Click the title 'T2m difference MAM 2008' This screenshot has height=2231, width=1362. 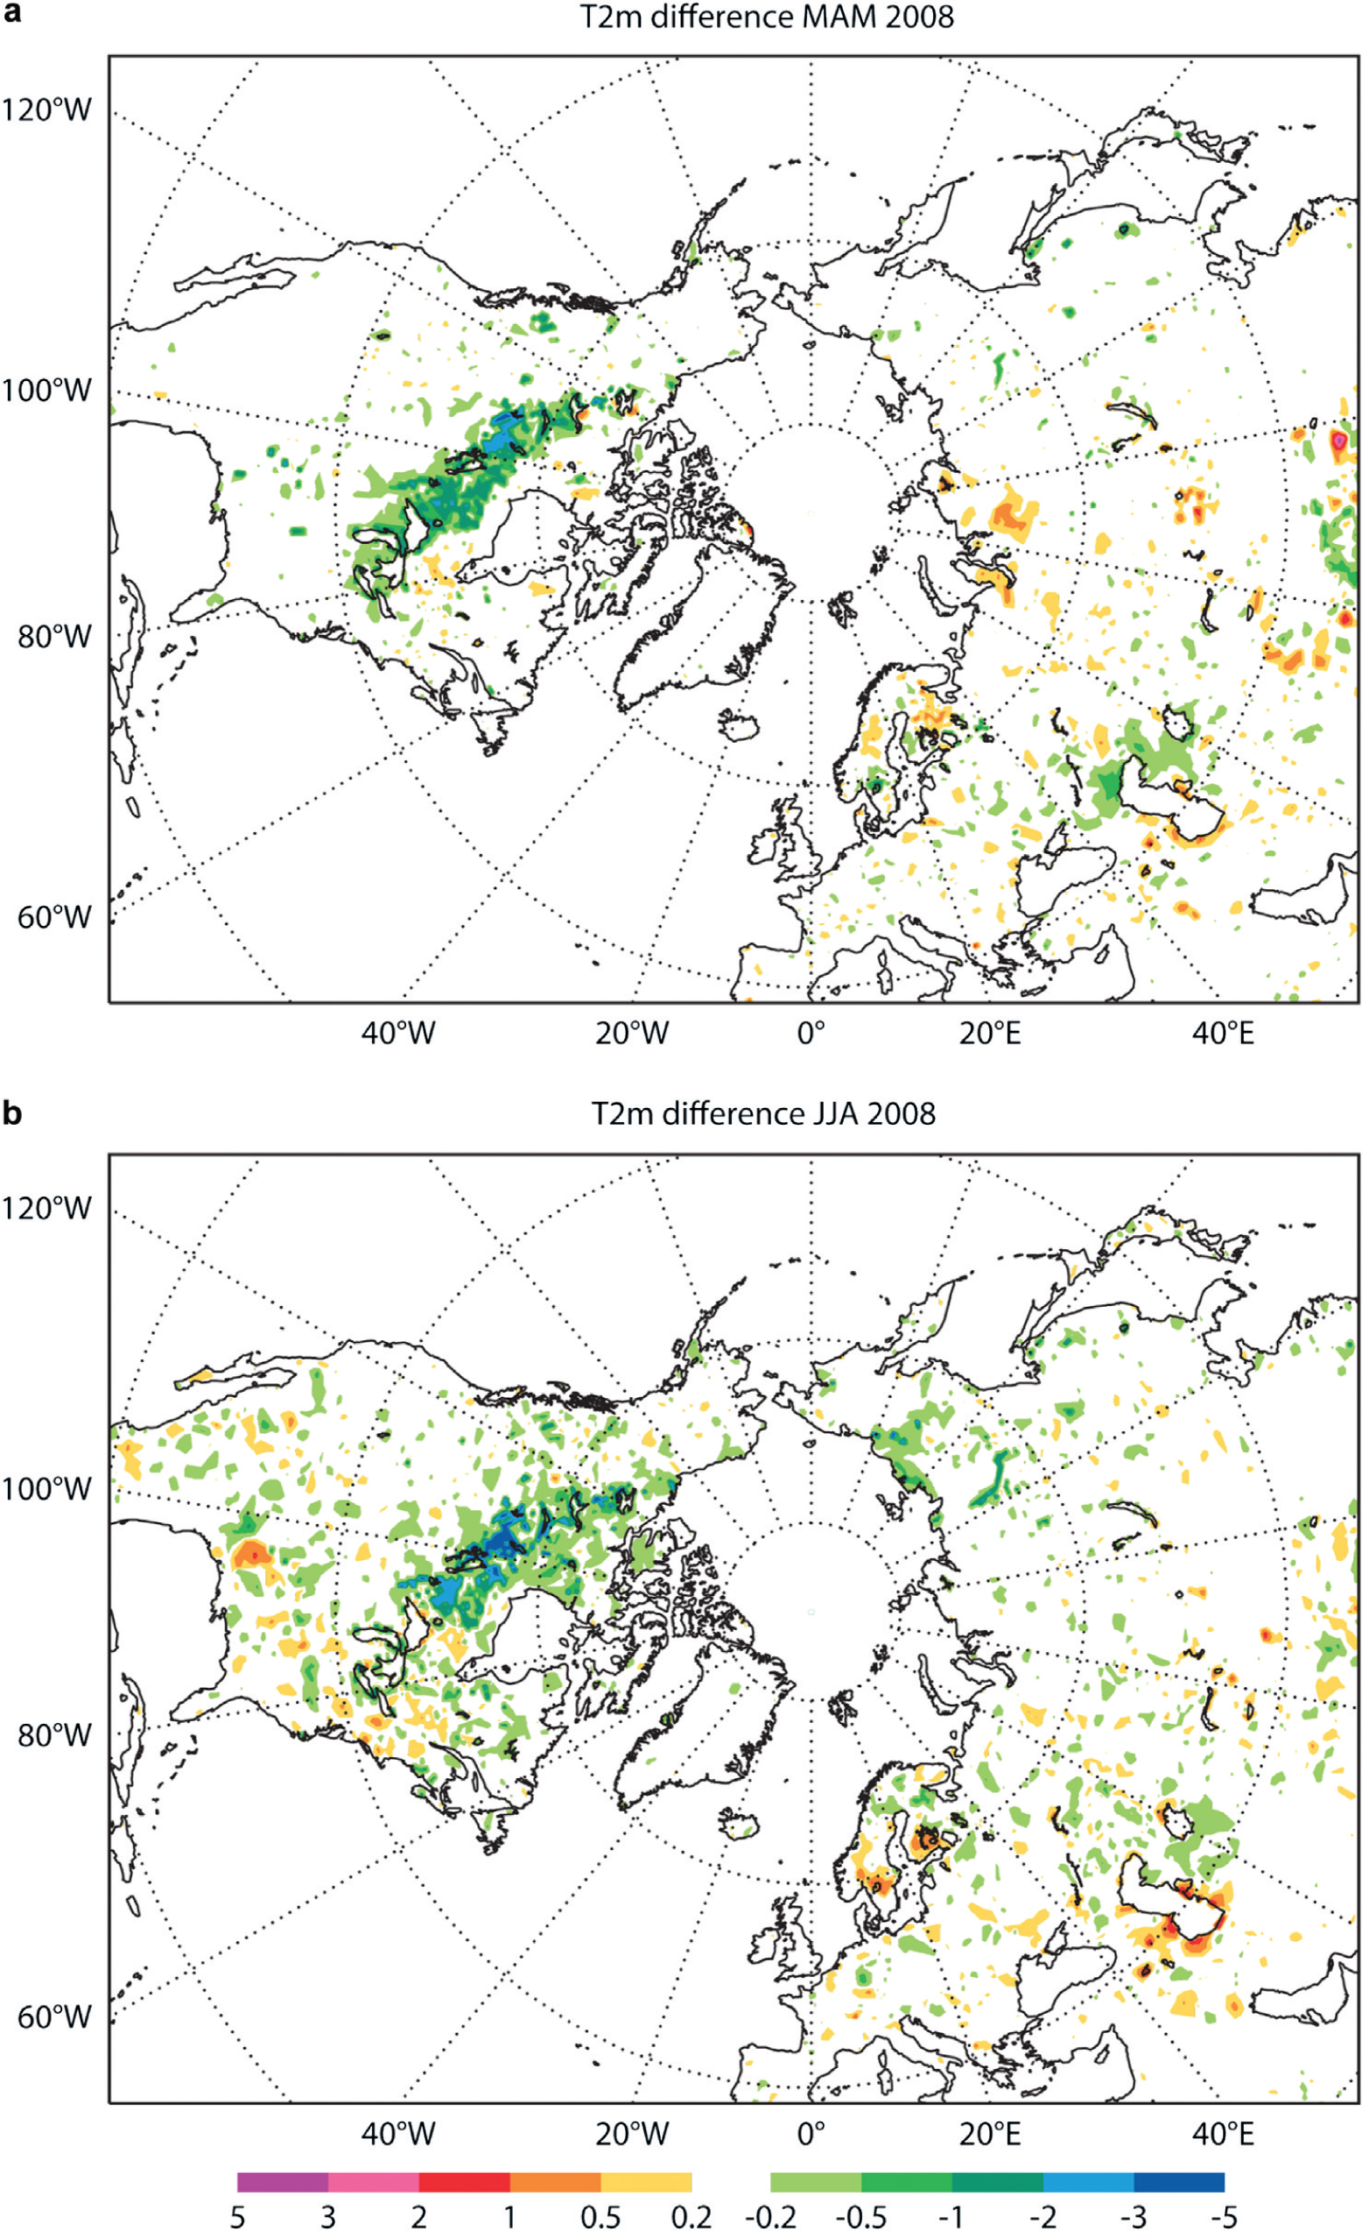(767, 17)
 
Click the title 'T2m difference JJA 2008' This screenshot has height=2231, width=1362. (763, 1112)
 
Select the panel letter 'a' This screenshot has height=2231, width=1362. (11, 17)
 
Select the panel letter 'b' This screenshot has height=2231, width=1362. (12, 1111)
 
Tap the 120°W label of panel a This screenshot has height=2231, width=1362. (46, 109)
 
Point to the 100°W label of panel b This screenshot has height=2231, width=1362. (46, 1487)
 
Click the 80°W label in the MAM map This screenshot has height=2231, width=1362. (54, 637)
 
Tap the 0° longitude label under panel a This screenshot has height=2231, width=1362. (811, 1032)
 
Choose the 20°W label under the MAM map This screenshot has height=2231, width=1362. (632, 1032)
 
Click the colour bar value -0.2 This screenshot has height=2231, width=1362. (771, 2214)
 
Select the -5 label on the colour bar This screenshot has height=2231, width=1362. (1225, 2214)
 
